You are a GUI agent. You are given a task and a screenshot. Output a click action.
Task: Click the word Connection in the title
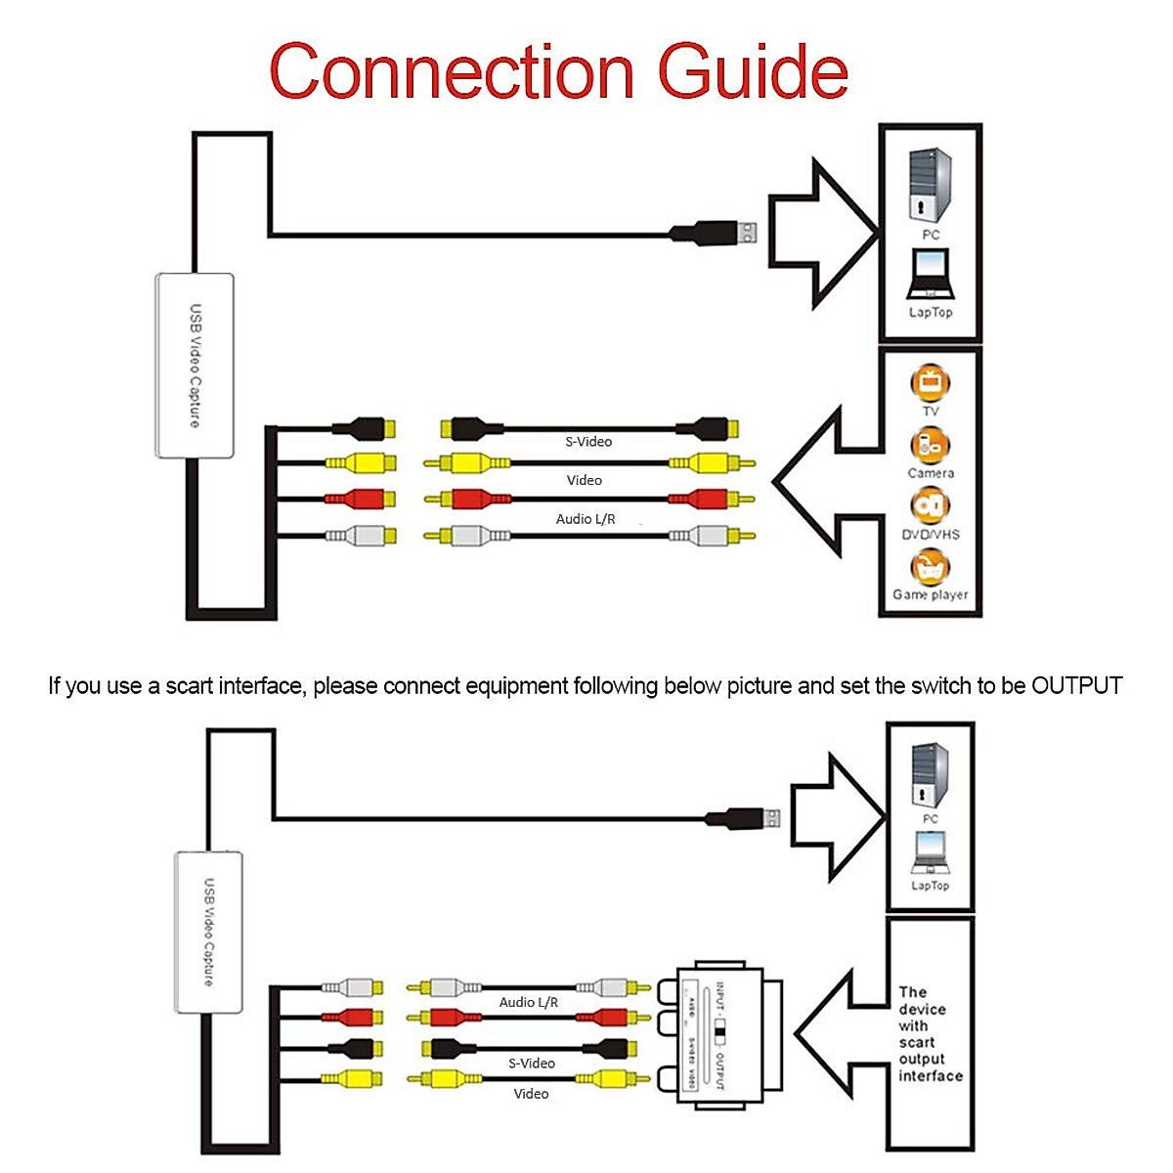(x=452, y=71)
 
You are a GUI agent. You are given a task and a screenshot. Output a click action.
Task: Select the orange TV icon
(x=930, y=381)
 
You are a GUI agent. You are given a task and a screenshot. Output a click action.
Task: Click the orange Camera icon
(x=930, y=445)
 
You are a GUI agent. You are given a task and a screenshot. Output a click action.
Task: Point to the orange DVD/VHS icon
(x=930, y=506)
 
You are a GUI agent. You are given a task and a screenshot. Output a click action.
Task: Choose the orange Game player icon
(x=930, y=567)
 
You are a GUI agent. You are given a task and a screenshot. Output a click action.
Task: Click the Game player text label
(x=930, y=594)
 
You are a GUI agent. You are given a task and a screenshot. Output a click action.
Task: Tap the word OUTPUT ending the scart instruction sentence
(x=1076, y=686)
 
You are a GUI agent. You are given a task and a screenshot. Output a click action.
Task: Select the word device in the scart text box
(x=922, y=1009)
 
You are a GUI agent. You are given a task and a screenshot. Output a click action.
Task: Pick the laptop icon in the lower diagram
(x=930, y=852)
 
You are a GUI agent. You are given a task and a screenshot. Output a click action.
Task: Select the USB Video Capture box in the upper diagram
(x=195, y=366)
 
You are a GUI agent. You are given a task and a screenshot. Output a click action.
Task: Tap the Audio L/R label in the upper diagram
(x=586, y=519)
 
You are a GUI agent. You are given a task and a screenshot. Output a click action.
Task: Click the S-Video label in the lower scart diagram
(x=532, y=1063)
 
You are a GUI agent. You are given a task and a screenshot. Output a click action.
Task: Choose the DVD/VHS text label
(x=930, y=535)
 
